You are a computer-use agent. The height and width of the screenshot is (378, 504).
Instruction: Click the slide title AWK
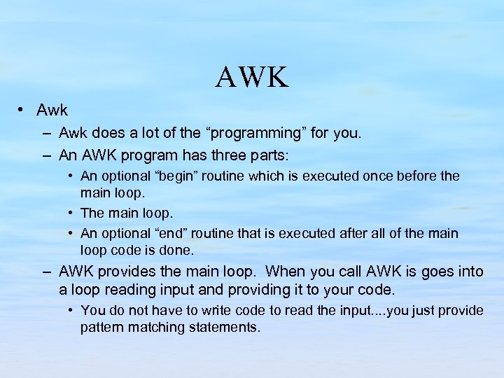[x=252, y=77]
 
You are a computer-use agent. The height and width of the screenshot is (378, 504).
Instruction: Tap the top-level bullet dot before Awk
[x=22, y=110]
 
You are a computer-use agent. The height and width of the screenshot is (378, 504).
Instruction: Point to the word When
[x=287, y=272]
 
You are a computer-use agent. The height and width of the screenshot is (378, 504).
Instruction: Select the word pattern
[x=102, y=327]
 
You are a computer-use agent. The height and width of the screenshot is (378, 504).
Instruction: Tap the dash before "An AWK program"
[x=46, y=155]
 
